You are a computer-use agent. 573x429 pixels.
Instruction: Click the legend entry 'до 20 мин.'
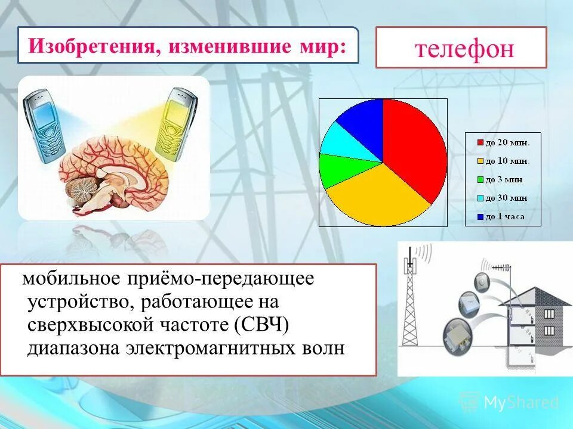pos(506,142)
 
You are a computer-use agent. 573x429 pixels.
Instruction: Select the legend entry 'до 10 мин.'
pos(506,161)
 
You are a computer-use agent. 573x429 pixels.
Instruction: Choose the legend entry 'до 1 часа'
pos(504,216)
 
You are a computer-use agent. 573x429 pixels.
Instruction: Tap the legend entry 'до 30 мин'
pos(505,198)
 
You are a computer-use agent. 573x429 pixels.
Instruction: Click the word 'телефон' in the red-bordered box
pos(464,48)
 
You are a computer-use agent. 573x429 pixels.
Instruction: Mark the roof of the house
pos(537,294)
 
